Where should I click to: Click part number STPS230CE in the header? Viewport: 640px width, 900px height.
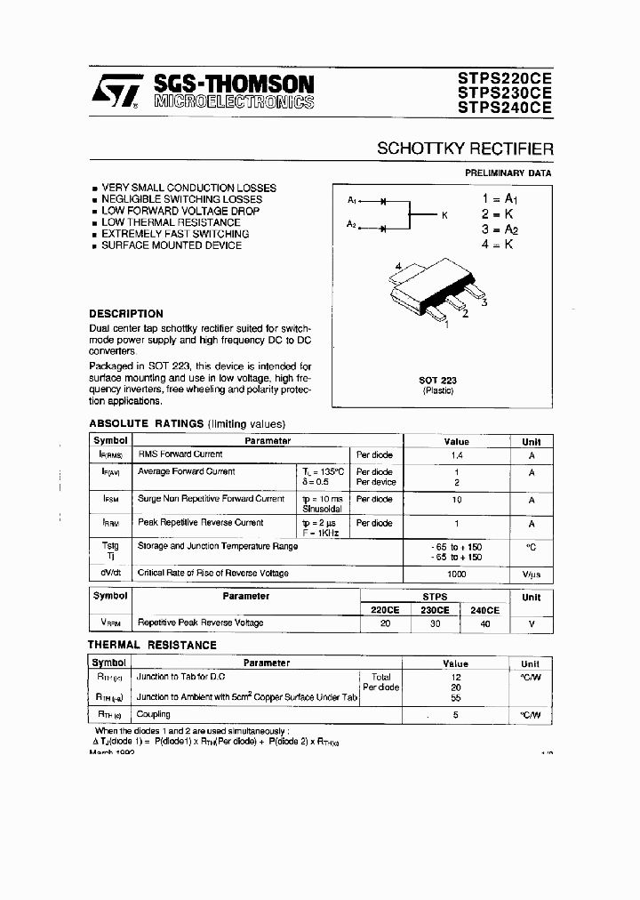(x=504, y=92)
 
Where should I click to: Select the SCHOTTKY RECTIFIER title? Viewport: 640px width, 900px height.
(x=464, y=149)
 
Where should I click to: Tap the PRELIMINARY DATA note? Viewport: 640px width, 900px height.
(x=508, y=173)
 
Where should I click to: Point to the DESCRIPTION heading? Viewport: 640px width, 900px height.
(x=126, y=314)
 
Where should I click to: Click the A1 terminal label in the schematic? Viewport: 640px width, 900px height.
(x=353, y=200)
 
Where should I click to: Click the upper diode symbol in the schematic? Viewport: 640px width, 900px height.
(x=383, y=201)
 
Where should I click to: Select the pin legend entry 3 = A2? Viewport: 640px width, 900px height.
(x=499, y=229)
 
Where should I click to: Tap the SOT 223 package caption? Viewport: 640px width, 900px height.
(x=437, y=381)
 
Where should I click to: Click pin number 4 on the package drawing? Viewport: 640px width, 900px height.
(x=399, y=266)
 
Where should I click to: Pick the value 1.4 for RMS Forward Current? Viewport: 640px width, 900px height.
(x=456, y=454)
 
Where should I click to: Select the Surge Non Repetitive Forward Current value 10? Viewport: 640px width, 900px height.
(x=456, y=500)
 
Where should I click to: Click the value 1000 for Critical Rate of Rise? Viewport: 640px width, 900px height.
(x=456, y=574)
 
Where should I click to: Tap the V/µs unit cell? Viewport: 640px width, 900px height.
(x=531, y=574)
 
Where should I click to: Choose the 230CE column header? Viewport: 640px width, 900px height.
(x=434, y=610)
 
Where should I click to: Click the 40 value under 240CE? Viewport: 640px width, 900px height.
(x=484, y=623)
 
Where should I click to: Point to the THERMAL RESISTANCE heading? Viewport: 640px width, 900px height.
(x=152, y=645)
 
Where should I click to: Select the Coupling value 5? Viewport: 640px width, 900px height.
(x=456, y=714)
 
